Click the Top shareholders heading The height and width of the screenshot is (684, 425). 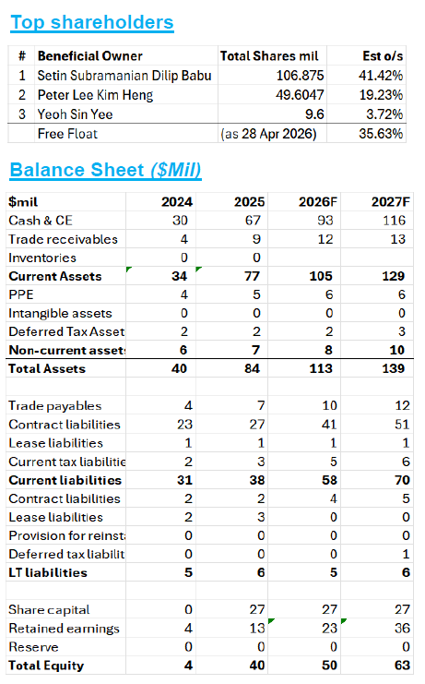tap(92, 22)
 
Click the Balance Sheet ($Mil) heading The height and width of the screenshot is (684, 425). tap(105, 170)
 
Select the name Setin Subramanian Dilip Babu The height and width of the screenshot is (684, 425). tap(124, 76)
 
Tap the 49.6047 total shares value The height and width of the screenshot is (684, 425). tap(300, 95)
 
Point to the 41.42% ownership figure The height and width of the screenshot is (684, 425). tap(381, 76)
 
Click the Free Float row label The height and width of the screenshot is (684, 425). tap(67, 134)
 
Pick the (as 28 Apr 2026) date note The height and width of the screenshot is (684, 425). tap(268, 134)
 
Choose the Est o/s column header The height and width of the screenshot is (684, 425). tap(383, 55)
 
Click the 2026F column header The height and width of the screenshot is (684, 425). tap(318, 201)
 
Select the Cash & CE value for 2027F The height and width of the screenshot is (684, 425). tap(394, 221)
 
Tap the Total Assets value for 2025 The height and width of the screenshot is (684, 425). tap(252, 368)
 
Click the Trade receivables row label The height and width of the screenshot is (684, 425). tap(63, 239)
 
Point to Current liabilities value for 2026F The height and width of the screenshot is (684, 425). tap(329, 480)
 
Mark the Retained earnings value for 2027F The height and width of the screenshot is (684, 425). tap(402, 629)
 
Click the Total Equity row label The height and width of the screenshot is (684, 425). tap(46, 666)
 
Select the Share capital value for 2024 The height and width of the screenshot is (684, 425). tap(188, 609)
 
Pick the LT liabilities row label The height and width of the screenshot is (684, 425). tap(48, 572)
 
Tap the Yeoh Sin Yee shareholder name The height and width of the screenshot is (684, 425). tap(75, 114)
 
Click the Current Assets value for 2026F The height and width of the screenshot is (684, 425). tap(321, 276)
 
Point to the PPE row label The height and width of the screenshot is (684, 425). tap(21, 294)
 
